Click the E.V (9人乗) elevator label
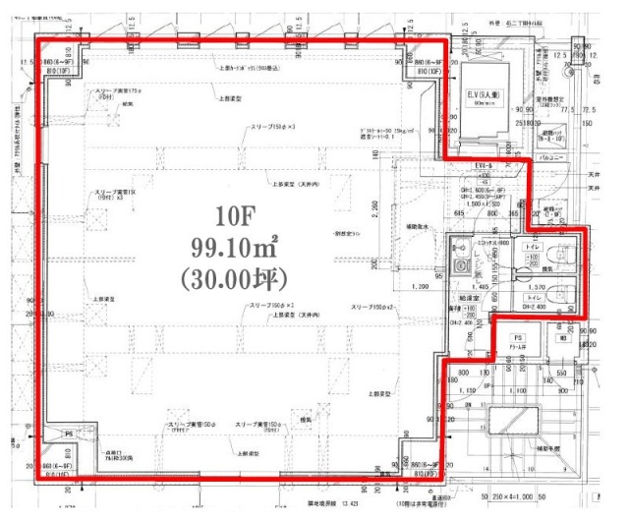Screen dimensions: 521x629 484,94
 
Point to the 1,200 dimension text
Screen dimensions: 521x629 422,286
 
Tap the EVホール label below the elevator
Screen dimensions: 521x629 483,166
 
